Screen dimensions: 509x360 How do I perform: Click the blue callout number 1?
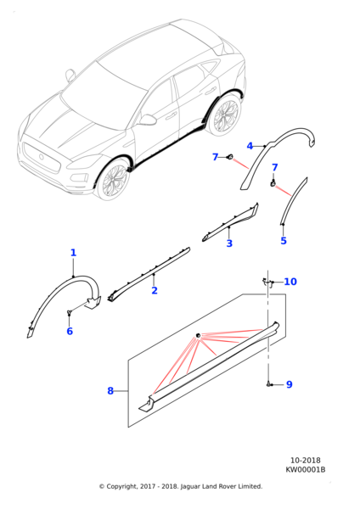tap(73, 253)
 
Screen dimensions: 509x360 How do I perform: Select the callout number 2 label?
tap(154, 291)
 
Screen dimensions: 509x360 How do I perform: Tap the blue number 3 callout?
tap(229, 243)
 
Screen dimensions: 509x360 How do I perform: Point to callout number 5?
tap(284, 241)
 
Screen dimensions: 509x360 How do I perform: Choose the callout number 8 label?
tap(110, 391)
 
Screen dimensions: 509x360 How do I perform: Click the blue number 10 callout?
tap(290, 282)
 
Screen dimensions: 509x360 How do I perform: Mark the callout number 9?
tap(289, 384)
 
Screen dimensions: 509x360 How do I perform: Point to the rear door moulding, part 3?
tap(229, 222)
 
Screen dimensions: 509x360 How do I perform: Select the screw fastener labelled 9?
tap(270, 384)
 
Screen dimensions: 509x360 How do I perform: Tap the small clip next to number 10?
tap(266, 282)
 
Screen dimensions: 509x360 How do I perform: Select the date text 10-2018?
tap(305, 460)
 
